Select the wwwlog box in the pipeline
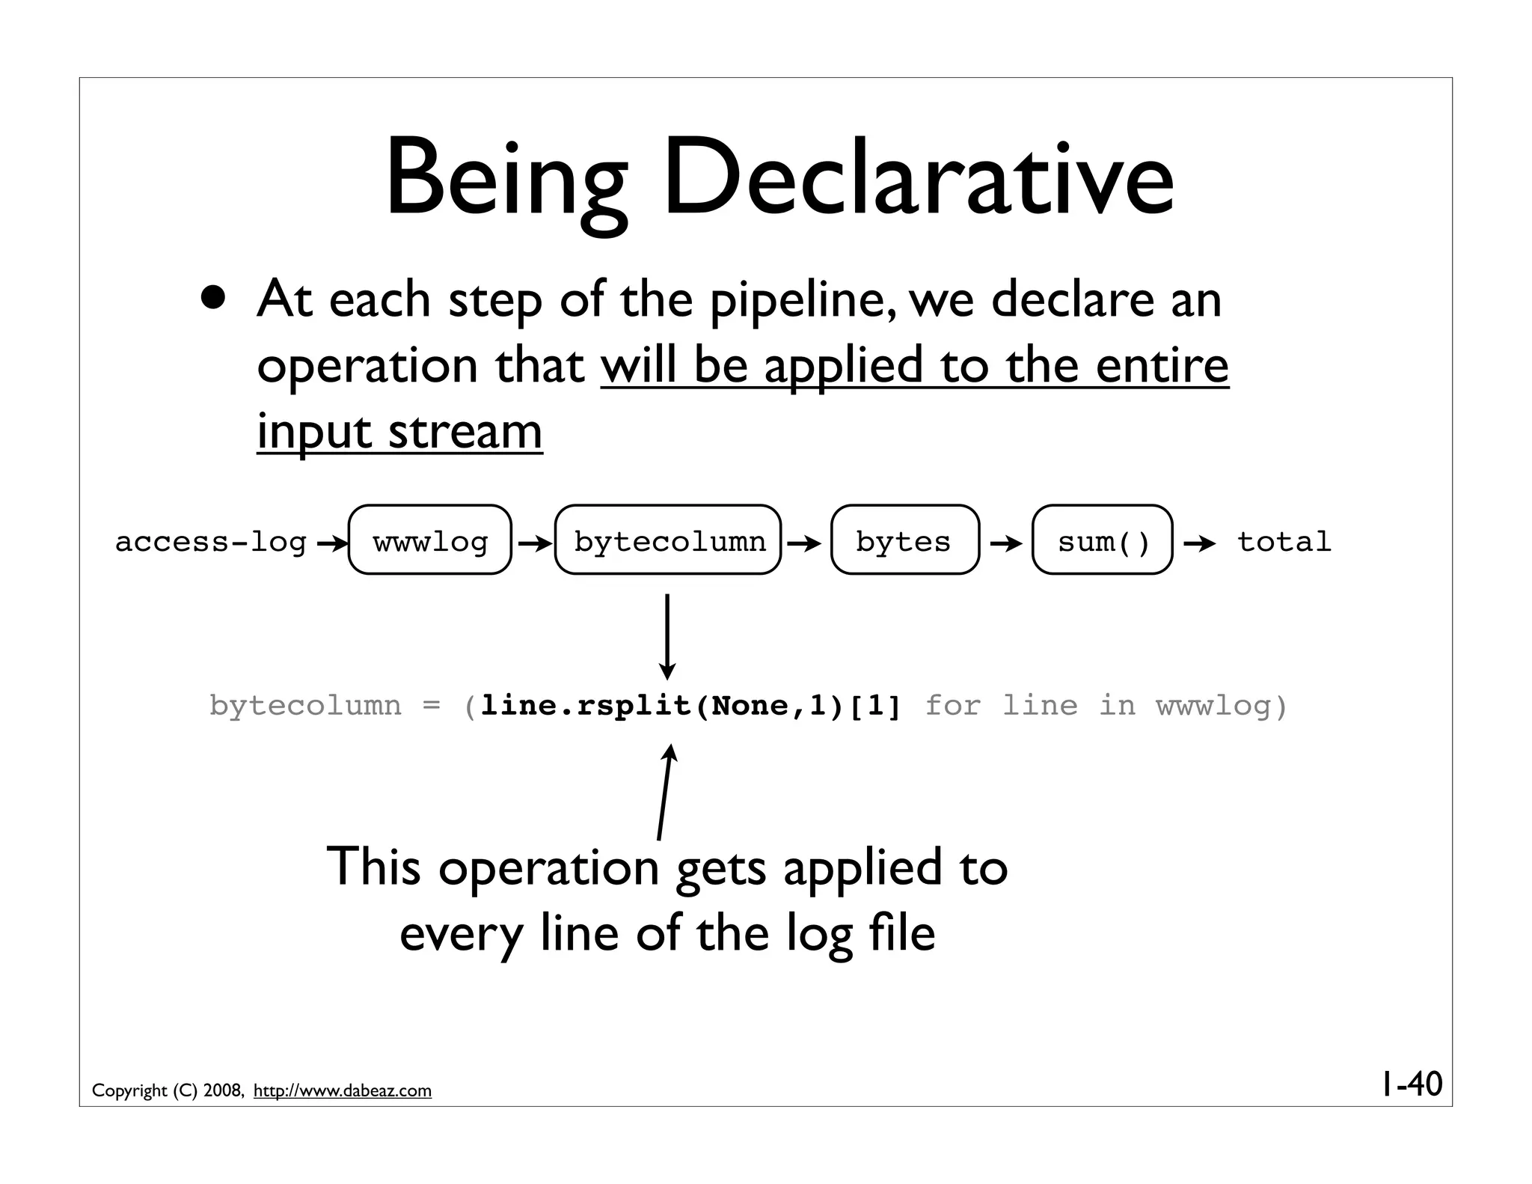[x=430, y=540]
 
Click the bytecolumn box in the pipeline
[x=668, y=540]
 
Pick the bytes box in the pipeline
[x=904, y=540]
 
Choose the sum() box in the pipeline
[x=1102, y=540]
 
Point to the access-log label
[x=211, y=542]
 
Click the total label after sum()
[x=1284, y=541]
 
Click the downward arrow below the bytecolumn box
[x=667, y=636]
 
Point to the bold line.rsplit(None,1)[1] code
[x=691, y=706]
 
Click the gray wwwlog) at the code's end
[x=1222, y=706]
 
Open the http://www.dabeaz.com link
[x=343, y=1090]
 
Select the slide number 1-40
[x=1411, y=1083]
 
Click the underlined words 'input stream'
[x=399, y=432]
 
